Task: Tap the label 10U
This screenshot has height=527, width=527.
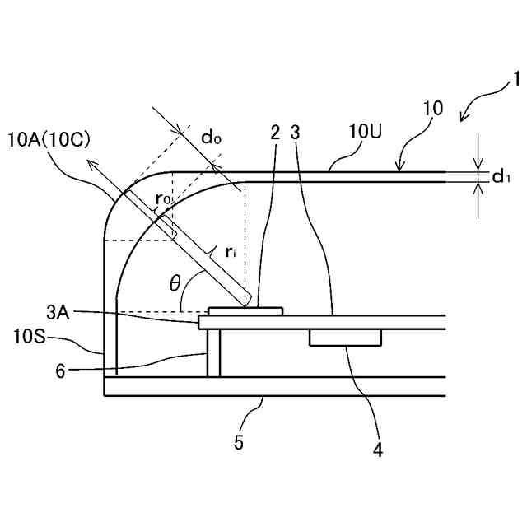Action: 365,132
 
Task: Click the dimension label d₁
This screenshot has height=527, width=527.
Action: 501,177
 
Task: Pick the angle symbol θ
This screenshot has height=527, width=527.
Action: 174,284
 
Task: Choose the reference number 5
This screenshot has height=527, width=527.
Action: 239,442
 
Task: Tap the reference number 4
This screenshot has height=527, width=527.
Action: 378,450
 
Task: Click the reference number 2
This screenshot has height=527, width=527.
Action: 274,132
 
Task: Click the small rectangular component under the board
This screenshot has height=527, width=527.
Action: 346,338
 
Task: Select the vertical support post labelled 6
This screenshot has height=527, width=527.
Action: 213,353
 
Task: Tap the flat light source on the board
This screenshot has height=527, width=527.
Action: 245,310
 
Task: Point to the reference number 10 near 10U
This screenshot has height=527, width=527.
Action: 432,109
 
